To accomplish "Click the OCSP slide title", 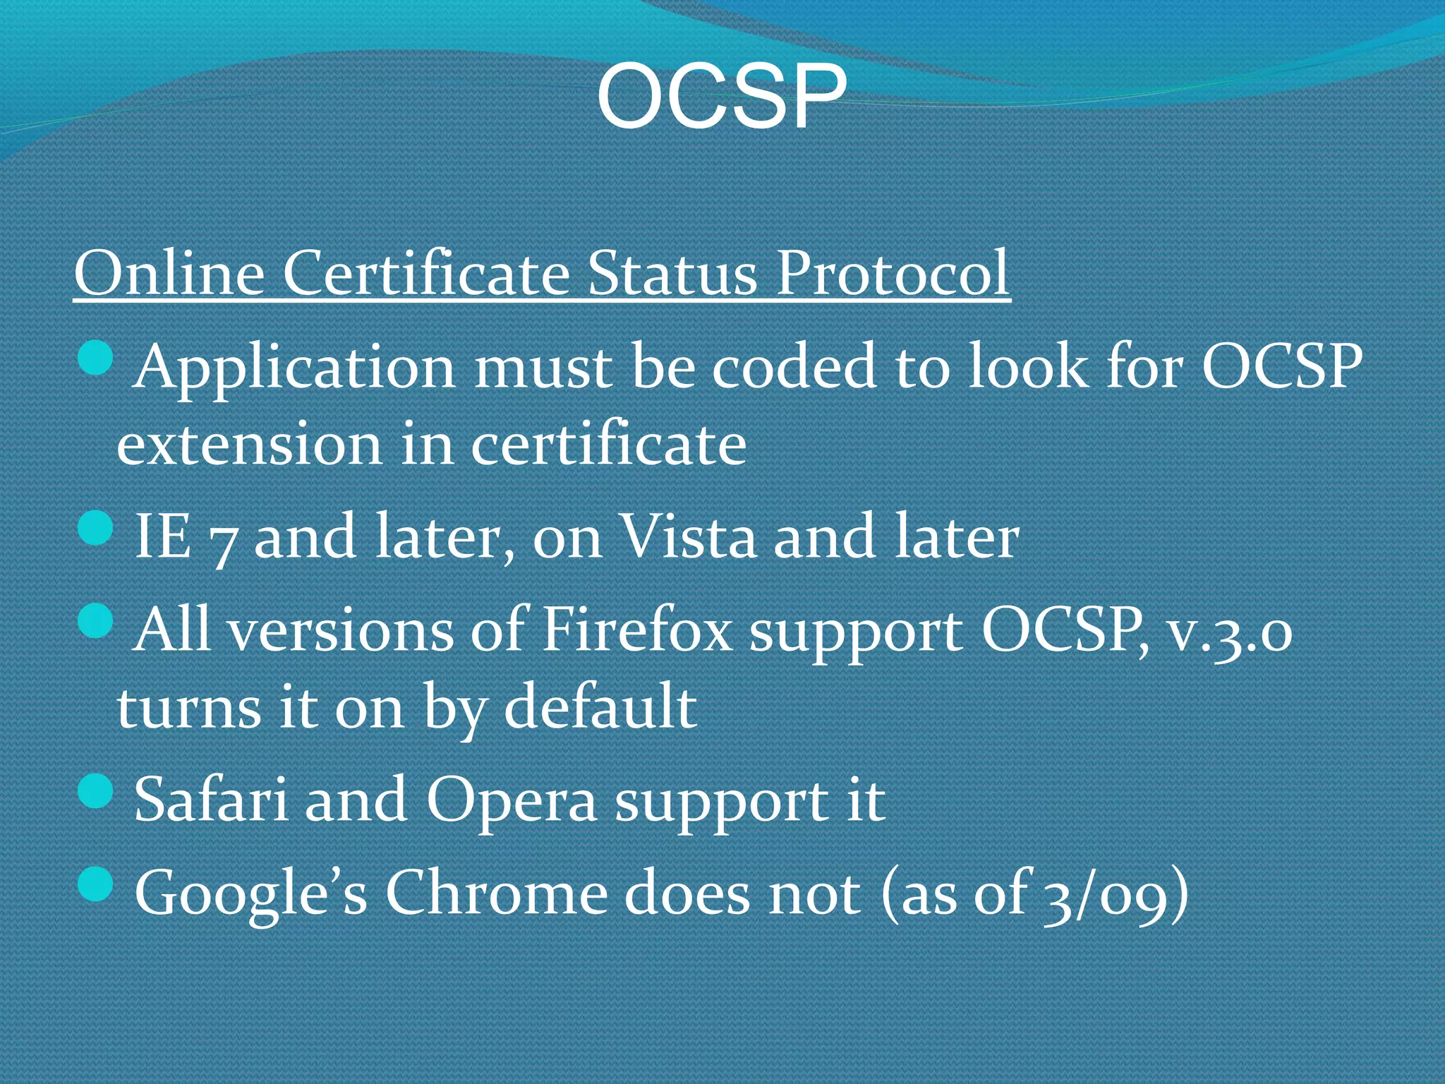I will point(721,97).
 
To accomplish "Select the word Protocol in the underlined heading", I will point(892,273).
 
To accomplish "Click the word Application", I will point(294,368).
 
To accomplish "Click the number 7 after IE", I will point(222,541).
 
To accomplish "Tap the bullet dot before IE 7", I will point(95,527).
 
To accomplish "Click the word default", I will point(600,707).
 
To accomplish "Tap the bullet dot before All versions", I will point(95,621).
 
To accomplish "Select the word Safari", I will point(210,800).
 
